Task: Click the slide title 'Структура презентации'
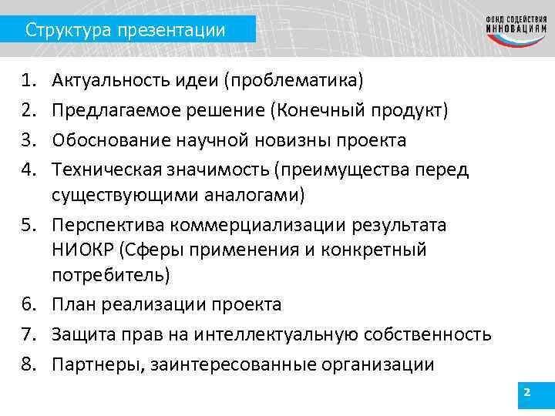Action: point(125,31)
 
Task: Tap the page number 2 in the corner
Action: point(526,393)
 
